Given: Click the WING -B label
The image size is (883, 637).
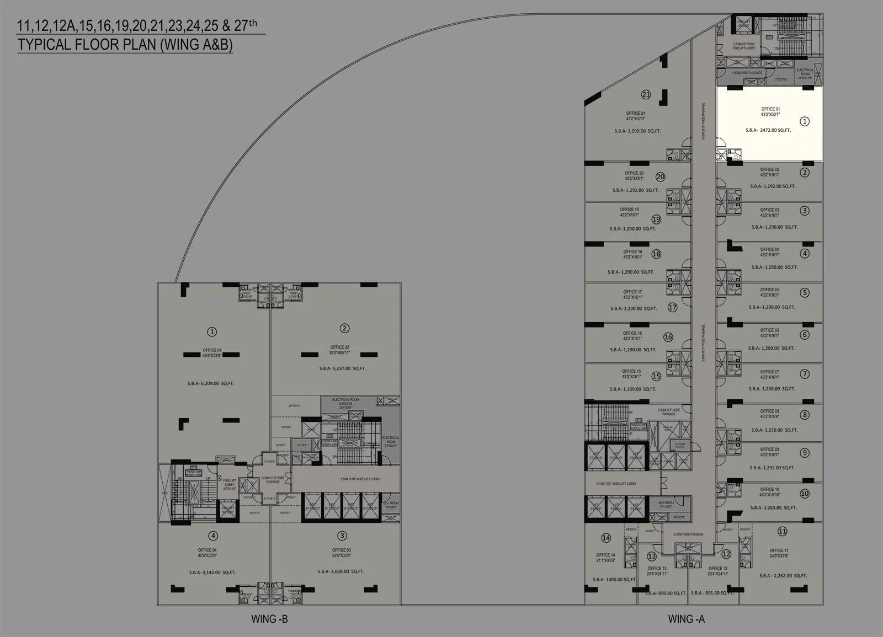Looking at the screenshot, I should (269, 619).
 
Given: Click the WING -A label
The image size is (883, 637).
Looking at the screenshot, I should (686, 619).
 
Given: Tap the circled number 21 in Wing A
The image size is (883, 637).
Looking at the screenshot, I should (646, 95).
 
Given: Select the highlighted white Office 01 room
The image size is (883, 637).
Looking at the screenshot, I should (769, 124).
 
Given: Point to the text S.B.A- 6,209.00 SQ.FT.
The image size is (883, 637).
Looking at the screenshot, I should (210, 383).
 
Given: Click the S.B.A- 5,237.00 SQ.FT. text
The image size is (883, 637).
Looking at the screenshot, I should (342, 368).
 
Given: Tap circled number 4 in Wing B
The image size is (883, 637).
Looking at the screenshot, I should (213, 536).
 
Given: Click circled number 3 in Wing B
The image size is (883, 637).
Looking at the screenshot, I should (342, 536).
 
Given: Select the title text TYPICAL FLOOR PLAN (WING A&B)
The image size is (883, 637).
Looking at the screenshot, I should (125, 45).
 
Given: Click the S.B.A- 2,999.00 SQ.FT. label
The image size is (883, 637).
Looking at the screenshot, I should (637, 131).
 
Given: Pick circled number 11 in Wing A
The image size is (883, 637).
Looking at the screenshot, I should (782, 531).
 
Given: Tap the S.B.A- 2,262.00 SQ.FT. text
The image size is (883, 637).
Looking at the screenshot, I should (783, 575).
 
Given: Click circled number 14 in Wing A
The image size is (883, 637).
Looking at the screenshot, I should (606, 538).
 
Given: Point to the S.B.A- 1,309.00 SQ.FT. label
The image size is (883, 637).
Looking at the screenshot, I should (633, 389).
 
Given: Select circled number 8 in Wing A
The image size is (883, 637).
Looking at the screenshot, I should (805, 415).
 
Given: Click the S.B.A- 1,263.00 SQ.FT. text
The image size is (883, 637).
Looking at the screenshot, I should (773, 507).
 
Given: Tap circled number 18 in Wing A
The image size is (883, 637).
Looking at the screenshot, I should (656, 254).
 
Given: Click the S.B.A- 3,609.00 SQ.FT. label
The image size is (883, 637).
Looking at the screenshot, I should (341, 571).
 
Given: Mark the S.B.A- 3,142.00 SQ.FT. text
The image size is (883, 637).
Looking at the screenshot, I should (211, 572).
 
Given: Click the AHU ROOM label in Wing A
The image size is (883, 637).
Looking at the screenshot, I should (665, 504).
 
